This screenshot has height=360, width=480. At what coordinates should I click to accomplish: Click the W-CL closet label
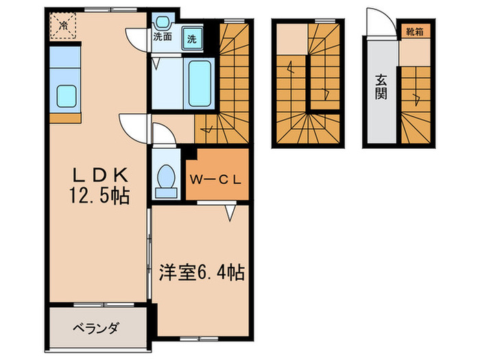[x=216, y=182]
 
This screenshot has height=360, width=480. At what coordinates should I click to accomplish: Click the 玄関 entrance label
[x=381, y=86]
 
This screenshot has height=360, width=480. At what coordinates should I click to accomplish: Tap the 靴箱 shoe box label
[x=413, y=30]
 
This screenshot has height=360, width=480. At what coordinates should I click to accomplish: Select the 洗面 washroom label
[x=163, y=36]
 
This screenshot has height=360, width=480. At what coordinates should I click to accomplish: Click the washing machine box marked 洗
[x=192, y=38]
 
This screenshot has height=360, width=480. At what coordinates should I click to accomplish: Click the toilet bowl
[x=165, y=178]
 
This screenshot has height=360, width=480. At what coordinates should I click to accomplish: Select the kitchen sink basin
[x=66, y=96]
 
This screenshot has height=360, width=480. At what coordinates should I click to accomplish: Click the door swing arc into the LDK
[x=134, y=124]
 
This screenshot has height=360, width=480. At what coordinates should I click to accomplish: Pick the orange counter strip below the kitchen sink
[x=65, y=118]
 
